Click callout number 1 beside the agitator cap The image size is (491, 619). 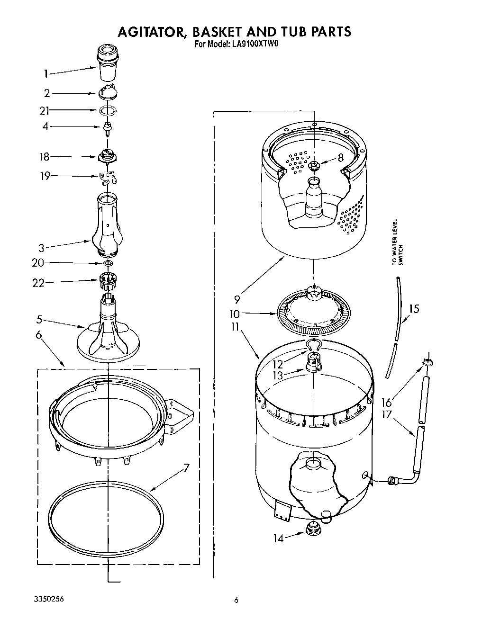coord(46,73)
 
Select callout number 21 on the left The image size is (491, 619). coord(45,111)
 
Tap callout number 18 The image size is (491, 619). coord(44,157)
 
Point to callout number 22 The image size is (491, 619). coord(38,283)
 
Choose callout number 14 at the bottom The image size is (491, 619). coord(278,538)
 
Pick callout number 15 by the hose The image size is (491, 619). coord(414,309)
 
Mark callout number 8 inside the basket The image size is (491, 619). coord(340,159)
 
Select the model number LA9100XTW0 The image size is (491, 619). coord(251,45)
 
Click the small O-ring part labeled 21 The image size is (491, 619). coord(108,111)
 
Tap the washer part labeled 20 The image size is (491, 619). coord(108,263)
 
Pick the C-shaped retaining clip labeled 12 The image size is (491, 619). coord(313,344)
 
